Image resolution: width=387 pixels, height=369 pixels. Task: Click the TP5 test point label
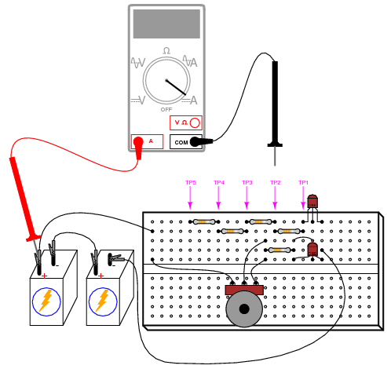pyautogui.click(x=191, y=182)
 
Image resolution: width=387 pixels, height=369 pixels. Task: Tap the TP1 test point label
pyautogui.click(x=304, y=182)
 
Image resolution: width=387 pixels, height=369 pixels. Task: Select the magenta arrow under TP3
pyautogui.click(x=246, y=198)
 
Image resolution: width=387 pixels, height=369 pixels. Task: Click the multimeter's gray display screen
pyautogui.click(x=166, y=24)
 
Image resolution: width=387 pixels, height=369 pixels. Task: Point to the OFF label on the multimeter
pyautogui.click(x=166, y=109)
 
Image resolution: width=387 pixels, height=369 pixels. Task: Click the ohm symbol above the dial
pyautogui.click(x=166, y=50)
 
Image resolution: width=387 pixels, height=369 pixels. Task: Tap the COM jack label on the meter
pyautogui.click(x=181, y=143)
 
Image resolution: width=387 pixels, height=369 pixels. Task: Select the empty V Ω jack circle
pyautogui.click(x=195, y=122)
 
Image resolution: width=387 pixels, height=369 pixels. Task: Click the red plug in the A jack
pyautogui.click(x=138, y=148)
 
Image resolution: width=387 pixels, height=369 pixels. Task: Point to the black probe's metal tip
pyautogui.click(x=275, y=156)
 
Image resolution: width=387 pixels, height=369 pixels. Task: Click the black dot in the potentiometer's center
pyautogui.click(x=244, y=309)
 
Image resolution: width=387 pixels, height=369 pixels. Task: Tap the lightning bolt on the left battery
pyautogui.click(x=46, y=301)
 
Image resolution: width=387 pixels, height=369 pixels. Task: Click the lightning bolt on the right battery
pyautogui.click(x=103, y=301)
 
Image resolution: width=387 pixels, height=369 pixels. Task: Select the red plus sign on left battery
pyautogui.click(x=45, y=276)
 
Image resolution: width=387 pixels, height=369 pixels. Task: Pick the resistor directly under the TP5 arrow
pyautogui.click(x=204, y=222)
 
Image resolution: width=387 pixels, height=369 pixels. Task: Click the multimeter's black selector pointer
pyautogui.click(x=176, y=87)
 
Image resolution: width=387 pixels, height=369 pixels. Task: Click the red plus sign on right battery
pyautogui.click(x=101, y=276)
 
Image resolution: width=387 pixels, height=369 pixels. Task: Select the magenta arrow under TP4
pyautogui.click(x=218, y=198)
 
